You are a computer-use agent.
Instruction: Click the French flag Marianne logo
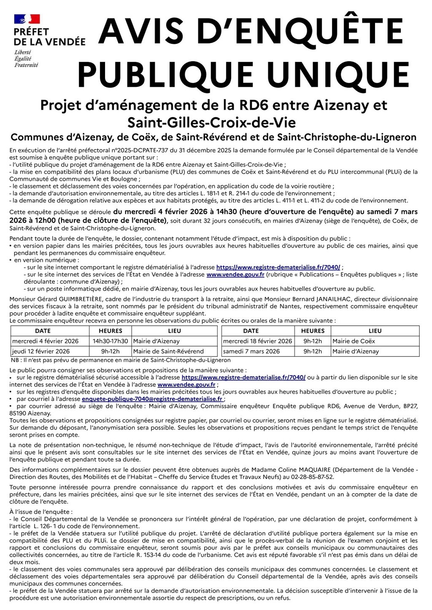27,19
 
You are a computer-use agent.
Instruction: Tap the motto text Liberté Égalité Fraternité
26,59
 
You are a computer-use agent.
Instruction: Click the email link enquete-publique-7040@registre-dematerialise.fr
152,399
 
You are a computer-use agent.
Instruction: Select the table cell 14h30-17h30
110,341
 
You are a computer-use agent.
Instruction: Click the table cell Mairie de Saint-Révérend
168,351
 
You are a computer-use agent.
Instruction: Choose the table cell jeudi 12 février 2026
41,351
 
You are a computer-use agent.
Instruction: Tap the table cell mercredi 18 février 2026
257,341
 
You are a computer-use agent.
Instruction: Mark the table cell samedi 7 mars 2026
251,351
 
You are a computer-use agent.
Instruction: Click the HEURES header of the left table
110,331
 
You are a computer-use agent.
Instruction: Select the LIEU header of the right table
375,331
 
